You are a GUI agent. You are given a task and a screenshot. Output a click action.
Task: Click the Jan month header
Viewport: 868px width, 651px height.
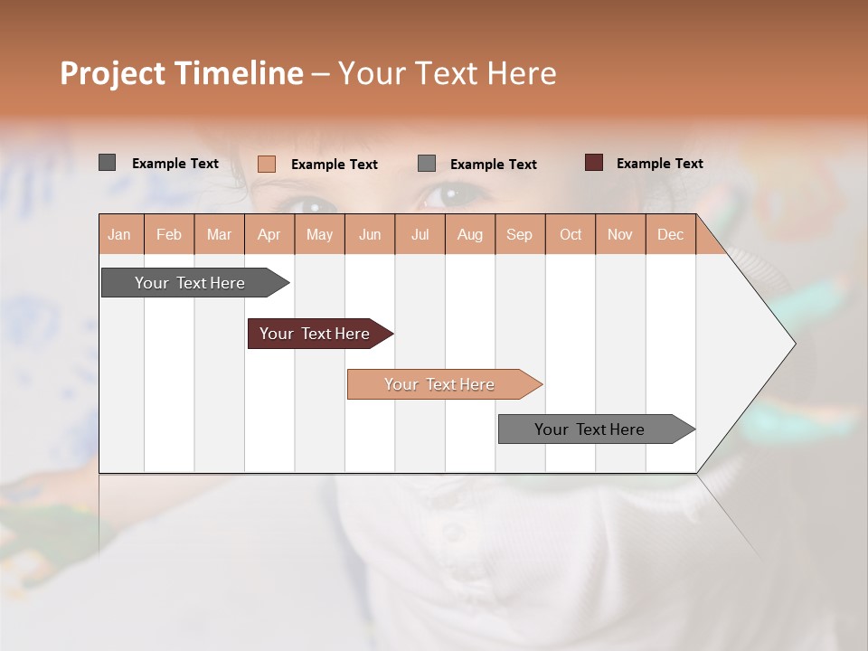119,234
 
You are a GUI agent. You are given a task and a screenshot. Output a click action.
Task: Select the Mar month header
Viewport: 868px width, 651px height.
219,234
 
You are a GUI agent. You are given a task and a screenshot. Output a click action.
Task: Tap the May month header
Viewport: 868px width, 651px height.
319,234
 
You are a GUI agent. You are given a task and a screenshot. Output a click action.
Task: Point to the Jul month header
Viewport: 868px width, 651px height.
420,234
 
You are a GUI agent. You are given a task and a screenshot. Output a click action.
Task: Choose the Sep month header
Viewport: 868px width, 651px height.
519,234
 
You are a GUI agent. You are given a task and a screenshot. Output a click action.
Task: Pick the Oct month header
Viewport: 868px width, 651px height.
571,234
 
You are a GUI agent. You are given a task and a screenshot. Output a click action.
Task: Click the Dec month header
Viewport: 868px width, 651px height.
670,234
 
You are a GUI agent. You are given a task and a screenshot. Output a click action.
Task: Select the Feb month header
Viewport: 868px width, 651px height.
169,234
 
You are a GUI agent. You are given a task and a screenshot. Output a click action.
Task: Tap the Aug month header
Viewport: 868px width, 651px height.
469,234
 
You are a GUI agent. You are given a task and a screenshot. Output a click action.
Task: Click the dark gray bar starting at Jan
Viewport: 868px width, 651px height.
190,283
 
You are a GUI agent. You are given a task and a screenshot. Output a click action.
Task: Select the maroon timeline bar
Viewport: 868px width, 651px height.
315,334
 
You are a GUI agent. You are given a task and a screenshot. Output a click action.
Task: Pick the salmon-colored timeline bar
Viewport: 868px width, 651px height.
439,384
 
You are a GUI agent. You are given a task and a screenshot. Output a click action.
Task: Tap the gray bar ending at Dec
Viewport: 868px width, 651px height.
590,429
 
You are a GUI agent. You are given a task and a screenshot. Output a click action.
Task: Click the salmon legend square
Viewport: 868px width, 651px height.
267,164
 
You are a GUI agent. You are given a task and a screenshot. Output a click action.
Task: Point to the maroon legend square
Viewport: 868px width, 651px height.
594,163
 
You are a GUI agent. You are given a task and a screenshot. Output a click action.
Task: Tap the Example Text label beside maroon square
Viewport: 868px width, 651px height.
659,163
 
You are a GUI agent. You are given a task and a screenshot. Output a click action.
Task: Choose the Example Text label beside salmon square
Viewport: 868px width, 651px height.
334,164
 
